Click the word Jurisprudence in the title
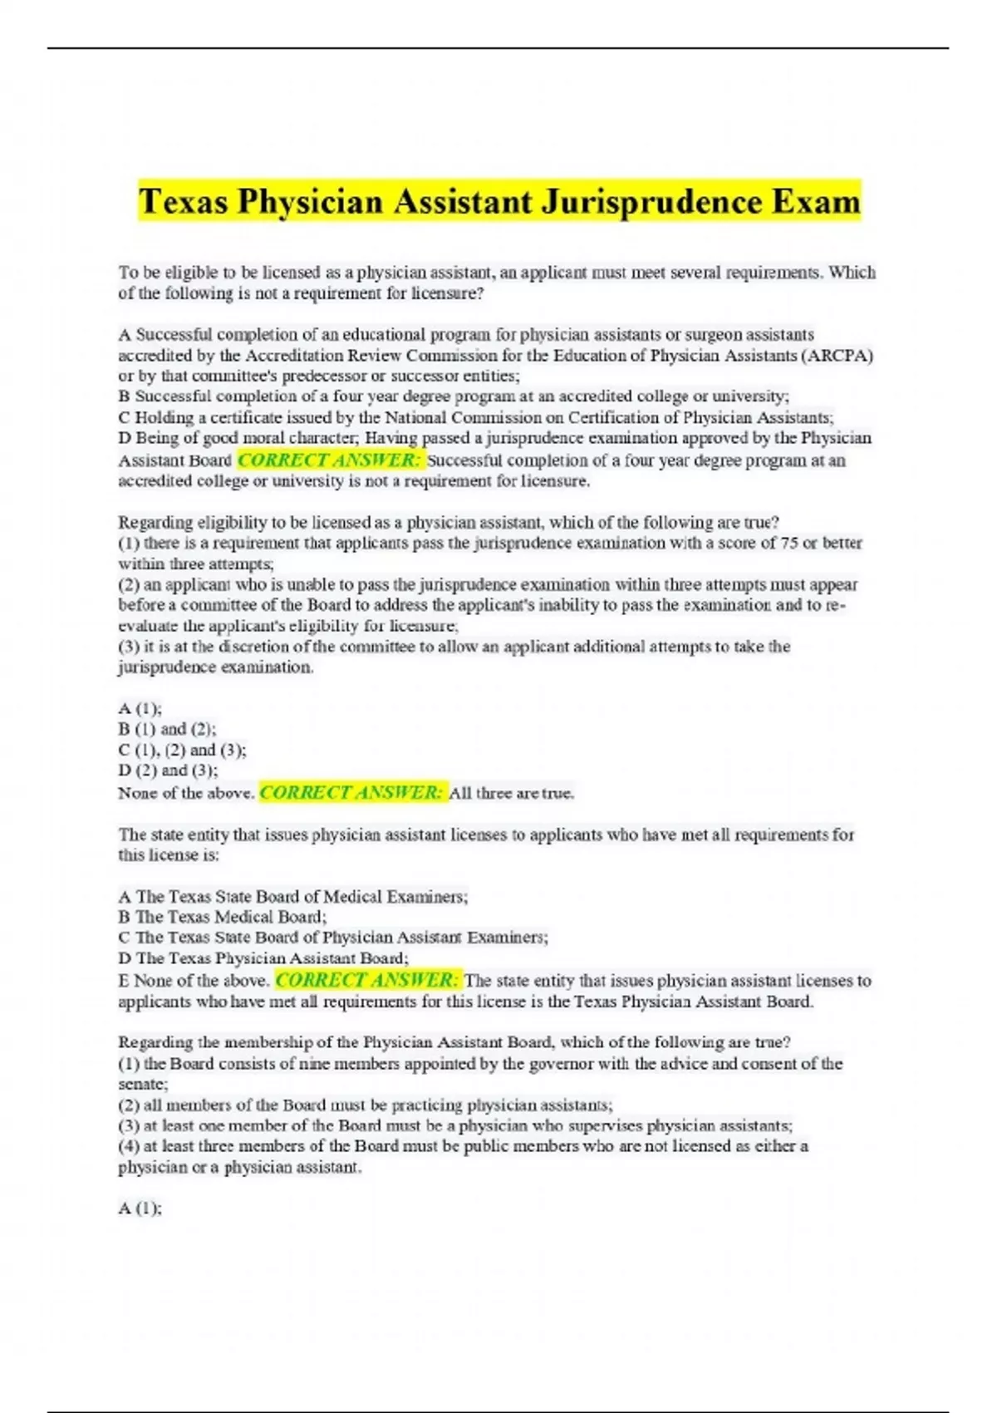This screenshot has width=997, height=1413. [x=651, y=202]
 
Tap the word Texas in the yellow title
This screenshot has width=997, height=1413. [x=183, y=202]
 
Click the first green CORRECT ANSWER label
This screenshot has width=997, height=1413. [x=330, y=460]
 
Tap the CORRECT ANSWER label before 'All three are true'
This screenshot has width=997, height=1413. [x=353, y=792]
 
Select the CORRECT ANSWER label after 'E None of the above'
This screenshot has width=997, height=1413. [x=366, y=980]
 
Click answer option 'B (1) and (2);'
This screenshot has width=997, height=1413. [x=167, y=729]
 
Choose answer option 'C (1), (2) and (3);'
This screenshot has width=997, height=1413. [x=182, y=750]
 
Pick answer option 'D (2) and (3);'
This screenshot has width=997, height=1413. [x=168, y=771]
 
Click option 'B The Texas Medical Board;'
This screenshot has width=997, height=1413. [x=223, y=917]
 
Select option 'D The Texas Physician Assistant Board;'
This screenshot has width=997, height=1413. [x=263, y=958]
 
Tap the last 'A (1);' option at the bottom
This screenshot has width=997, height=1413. [x=140, y=1209]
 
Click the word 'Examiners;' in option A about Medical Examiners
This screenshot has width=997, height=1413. [x=430, y=896]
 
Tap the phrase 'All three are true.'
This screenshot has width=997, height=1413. [x=512, y=793]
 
